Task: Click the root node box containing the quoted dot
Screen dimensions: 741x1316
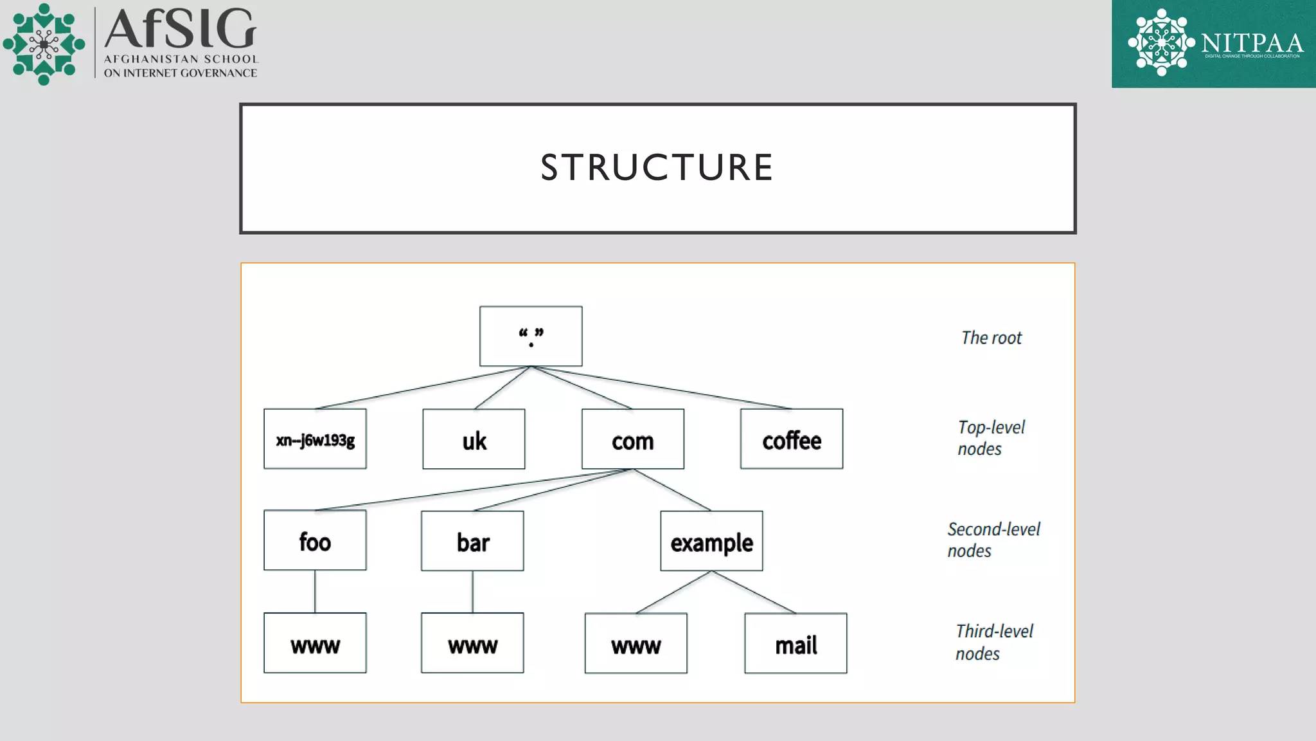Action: [531, 336]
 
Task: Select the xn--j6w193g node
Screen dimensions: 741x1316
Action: [315, 439]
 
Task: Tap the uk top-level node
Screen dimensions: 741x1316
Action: [474, 439]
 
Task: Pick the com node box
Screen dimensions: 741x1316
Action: [633, 439]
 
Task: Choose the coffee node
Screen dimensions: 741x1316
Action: [792, 439]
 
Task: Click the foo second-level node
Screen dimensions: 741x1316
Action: [315, 540]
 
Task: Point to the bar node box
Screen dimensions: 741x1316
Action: [472, 541]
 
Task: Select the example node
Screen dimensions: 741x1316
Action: [711, 541]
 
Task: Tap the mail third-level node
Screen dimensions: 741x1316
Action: [796, 643]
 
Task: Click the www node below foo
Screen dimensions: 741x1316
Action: [315, 643]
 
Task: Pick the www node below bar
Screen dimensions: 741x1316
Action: [472, 643]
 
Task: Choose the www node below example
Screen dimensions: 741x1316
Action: [636, 643]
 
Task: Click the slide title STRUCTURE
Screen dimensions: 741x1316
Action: [657, 168]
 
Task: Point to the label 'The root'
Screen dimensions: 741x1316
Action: [991, 338]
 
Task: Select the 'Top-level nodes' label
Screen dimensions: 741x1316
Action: [990, 438]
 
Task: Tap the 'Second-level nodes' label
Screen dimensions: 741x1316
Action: [993, 540]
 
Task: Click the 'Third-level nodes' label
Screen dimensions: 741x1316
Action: [993, 642]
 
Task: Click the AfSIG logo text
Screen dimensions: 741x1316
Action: [181, 30]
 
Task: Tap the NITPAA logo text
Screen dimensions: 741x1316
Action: [1252, 44]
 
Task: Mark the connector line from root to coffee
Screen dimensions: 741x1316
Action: [662, 388]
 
